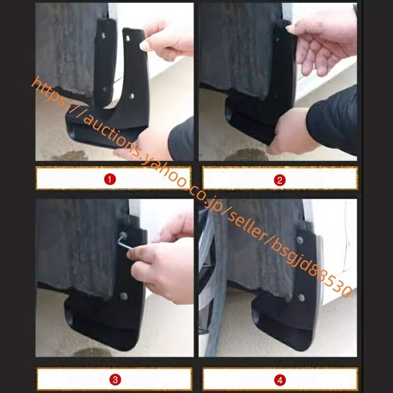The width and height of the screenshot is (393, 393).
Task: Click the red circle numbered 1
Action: point(110,179)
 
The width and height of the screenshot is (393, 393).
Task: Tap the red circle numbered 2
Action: point(280,180)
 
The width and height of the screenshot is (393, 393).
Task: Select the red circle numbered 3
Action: point(115,380)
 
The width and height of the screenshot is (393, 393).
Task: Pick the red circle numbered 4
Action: point(280,380)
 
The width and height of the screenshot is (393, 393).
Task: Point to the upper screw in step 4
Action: point(300,240)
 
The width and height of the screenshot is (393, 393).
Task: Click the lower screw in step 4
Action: point(301,298)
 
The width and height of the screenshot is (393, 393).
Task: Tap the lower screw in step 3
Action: point(123,296)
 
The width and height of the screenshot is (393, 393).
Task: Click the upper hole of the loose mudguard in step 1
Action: point(128,38)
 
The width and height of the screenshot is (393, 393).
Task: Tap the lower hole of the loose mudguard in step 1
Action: point(132,96)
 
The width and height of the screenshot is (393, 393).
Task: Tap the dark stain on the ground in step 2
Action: point(247,155)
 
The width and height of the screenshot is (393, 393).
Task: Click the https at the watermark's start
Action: point(49,91)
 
